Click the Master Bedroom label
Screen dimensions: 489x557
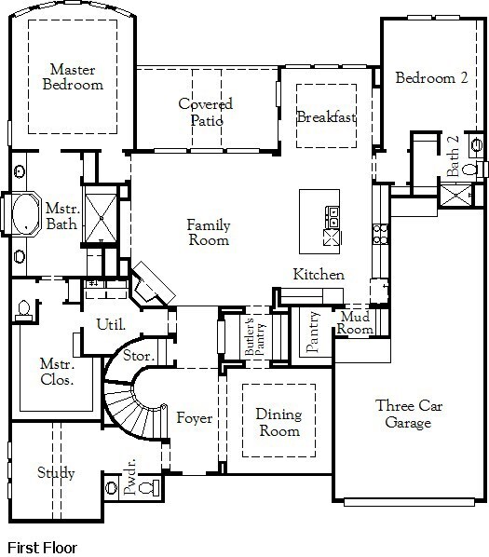73,76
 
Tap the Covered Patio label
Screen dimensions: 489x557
206,112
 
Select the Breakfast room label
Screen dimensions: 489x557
326,116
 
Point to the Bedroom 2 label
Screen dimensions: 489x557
431,78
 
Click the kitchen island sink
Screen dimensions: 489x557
333,217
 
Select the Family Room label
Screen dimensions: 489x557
209,232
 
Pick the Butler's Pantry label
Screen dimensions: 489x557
254,336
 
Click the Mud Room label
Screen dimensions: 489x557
355,322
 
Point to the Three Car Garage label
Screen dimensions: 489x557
409,414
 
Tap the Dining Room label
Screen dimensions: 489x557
279,423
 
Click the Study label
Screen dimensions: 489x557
56,473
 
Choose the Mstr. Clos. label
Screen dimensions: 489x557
57,372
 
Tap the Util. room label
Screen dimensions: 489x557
111,324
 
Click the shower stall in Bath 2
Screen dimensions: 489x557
456,195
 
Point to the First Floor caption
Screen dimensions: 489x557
42,548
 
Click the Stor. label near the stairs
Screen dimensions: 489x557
139,356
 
